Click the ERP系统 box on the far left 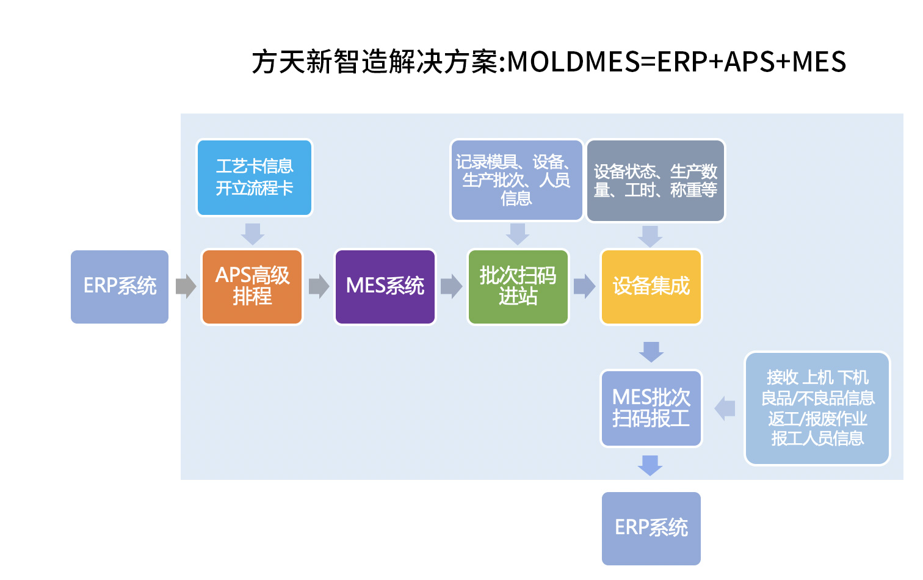pyautogui.click(x=120, y=286)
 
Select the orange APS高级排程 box pyautogui.click(x=252, y=286)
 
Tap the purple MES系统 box pyautogui.click(x=385, y=286)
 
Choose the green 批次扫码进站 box pyautogui.click(x=518, y=286)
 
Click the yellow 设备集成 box pyautogui.click(x=651, y=286)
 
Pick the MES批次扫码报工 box pyautogui.click(x=651, y=408)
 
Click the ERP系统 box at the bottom pyautogui.click(x=651, y=528)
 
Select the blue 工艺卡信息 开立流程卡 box pyautogui.click(x=254, y=178)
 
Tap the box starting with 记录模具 pyautogui.click(x=516, y=180)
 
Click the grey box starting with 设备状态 pyautogui.click(x=655, y=181)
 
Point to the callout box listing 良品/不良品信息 pyautogui.click(x=817, y=408)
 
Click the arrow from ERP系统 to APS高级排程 pyautogui.click(x=186, y=286)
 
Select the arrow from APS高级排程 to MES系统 pyautogui.click(x=319, y=286)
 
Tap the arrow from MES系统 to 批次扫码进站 pyautogui.click(x=451, y=286)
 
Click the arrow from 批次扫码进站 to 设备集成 pyautogui.click(x=584, y=286)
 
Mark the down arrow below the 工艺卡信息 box pyautogui.click(x=252, y=233)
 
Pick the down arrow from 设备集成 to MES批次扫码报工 pyautogui.click(x=651, y=351)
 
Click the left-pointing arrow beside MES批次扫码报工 pyautogui.click(x=725, y=408)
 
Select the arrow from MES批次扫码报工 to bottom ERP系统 pyautogui.click(x=650, y=465)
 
